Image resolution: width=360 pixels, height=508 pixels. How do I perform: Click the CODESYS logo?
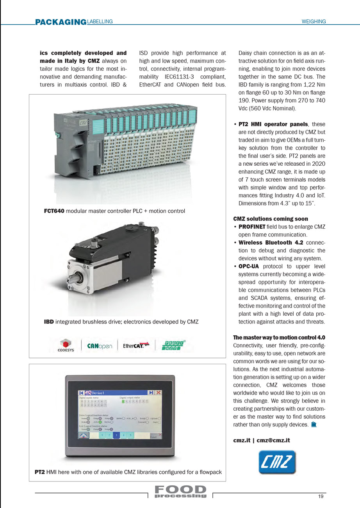pos(65,345)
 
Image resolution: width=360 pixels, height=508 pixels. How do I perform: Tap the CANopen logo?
pos(100,346)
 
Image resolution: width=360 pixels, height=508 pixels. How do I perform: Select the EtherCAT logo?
pos(136,345)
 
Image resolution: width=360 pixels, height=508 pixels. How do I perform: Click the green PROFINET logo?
pos(173,345)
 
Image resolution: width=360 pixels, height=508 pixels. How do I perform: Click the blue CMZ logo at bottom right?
pos(277,462)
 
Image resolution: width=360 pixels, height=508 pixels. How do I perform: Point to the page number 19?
pos(321,497)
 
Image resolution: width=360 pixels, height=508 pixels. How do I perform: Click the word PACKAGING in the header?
pos(61,22)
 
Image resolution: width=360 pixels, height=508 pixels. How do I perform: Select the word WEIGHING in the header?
pos(314,22)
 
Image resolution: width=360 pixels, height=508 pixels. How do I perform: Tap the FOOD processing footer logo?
pos(180,492)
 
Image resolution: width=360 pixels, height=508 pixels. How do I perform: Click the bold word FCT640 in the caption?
pos(54,211)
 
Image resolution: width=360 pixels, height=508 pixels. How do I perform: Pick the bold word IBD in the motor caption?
pos(49,322)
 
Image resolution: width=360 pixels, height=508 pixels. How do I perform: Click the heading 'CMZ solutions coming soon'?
pos(271,219)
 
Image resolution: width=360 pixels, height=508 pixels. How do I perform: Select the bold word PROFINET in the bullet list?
pos(252,227)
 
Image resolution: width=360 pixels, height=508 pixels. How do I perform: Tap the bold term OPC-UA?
pos(249,266)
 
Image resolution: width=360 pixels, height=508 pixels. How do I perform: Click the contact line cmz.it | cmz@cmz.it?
pos(262,440)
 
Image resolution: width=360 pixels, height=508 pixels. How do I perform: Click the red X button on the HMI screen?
pos(159,393)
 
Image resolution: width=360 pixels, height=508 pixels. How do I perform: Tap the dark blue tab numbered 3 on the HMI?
pos(116,435)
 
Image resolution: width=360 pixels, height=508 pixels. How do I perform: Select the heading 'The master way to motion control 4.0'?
pos(279,337)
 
